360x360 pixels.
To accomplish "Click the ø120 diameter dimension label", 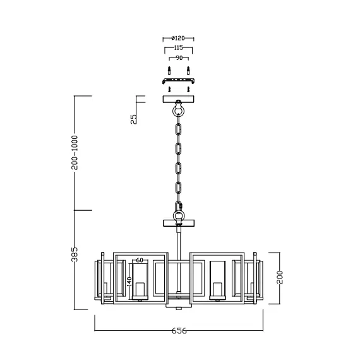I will (x=178, y=38).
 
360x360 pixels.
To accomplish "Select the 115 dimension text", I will (x=178, y=48).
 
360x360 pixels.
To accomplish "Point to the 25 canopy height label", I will (x=134, y=118).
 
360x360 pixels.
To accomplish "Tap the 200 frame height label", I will (x=280, y=276).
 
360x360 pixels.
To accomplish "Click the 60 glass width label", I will (x=140, y=260).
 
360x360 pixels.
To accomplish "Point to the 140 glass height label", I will (x=129, y=282).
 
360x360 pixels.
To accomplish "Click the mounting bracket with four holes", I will (x=179, y=81).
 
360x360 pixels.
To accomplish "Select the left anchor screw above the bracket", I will (x=169, y=69).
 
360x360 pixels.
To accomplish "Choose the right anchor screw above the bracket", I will (x=189, y=69).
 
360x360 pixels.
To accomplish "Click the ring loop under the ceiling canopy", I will (x=179, y=112).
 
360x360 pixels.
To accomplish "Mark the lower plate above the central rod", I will (x=179, y=222).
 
